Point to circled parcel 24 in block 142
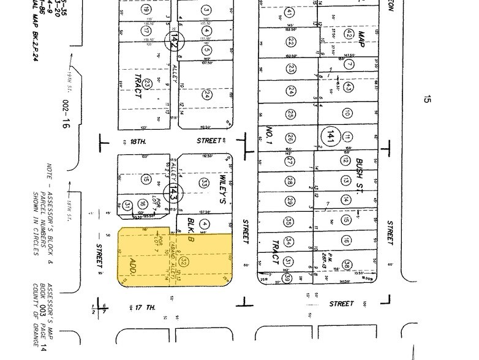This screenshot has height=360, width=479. click(x=207, y=95)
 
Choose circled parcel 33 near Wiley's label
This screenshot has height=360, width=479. click(x=205, y=182)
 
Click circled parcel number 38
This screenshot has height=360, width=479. click(x=347, y=265)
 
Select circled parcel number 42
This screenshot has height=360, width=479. click(x=348, y=34)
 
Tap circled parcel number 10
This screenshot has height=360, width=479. click(x=347, y=113)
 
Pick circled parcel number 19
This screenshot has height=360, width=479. click(x=145, y=10)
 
